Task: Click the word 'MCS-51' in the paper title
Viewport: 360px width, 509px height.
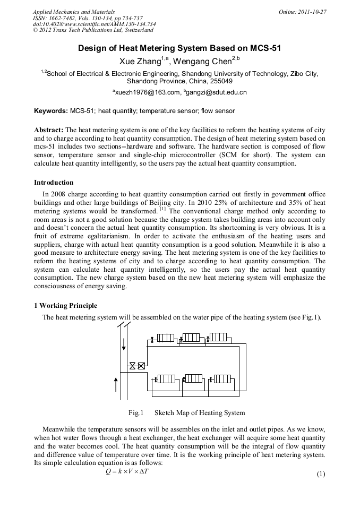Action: tap(263, 48)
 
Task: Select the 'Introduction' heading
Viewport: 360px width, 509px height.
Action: tap(54, 183)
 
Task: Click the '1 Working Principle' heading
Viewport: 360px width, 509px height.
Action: tap(65, 306)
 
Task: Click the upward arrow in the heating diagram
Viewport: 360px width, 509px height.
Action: tap(116, 383)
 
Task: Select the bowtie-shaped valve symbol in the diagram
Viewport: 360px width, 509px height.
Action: tap(133, 366)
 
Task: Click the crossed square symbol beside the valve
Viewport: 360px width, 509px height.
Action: tap(141, 366)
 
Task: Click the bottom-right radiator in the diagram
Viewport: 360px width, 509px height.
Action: tap(219, 378)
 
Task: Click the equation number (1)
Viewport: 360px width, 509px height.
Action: tap(320, 474)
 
